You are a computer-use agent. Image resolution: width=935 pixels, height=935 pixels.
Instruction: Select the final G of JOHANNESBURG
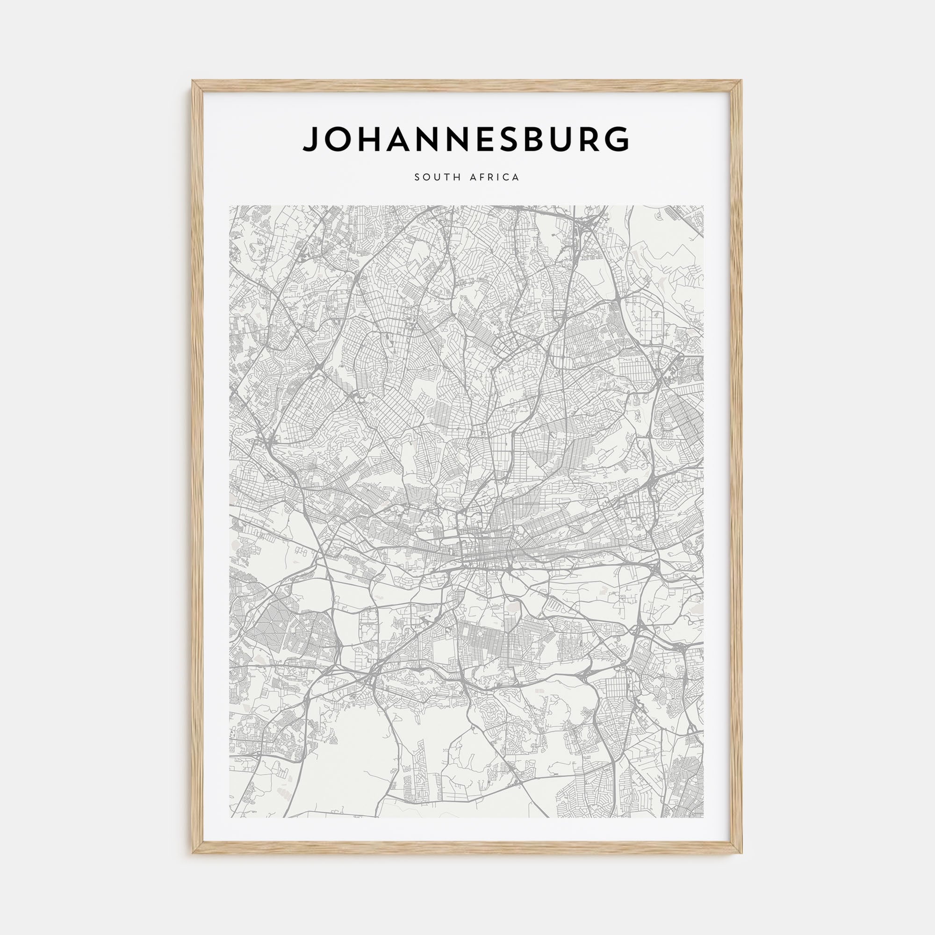coord(618,139)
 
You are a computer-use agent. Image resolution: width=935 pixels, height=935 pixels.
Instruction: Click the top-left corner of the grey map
coord(230,206)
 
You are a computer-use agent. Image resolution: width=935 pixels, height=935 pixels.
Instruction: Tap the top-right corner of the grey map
coord(703,206)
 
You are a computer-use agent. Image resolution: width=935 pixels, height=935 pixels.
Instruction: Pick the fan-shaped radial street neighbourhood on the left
coord(271,619)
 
